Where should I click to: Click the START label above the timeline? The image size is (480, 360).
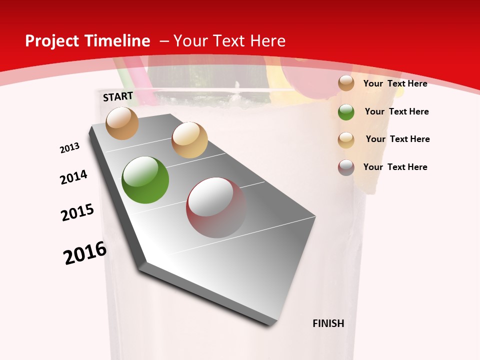point(118,96)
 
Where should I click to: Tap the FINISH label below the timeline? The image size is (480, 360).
point(328,323)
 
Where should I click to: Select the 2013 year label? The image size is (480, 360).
point(69,148)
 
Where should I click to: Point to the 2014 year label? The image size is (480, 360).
point(73,177)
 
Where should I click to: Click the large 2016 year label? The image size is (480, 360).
point(85,253)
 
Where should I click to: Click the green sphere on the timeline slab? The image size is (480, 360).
point(145,180)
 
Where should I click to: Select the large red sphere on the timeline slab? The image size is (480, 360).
point(216,207)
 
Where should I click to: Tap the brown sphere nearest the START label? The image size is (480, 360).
point(122,123)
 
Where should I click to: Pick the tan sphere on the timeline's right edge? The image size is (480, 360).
point(189,140)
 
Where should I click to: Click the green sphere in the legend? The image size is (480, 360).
point(346,112)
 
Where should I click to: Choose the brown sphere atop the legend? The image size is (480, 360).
point(346,83)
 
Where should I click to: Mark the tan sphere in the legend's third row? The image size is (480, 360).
point(346,140)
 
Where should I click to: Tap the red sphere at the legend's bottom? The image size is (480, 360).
point(346,167)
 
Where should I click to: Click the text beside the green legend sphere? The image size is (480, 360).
point(396,111)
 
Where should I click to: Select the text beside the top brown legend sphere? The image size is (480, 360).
point(395,83)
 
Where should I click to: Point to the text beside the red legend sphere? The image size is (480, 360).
point(395,167)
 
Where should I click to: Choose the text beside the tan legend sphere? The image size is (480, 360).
point(397,139)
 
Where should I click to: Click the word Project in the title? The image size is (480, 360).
point(52,41)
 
